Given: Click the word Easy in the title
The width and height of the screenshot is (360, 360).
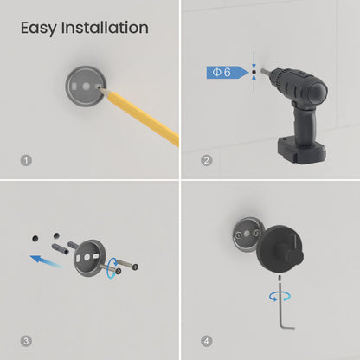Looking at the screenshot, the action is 38,29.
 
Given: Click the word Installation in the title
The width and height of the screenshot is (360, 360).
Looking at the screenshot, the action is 105,28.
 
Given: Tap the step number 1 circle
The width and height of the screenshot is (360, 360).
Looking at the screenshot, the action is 26,160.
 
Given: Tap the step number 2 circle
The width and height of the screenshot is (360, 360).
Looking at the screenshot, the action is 206,160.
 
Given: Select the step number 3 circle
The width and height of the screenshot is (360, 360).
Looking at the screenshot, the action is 26,341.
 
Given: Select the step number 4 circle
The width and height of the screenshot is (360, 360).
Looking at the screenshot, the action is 206,341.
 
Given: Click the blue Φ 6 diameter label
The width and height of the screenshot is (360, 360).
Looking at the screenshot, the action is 228,72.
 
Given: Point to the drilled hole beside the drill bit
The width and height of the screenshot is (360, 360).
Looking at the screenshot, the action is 254,72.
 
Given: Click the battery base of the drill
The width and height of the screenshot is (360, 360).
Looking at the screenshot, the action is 302,151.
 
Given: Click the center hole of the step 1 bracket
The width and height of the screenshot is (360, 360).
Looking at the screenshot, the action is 87,87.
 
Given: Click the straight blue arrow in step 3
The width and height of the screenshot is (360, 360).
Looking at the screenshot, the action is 46,261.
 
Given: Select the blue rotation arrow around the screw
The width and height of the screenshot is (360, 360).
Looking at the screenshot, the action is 112,268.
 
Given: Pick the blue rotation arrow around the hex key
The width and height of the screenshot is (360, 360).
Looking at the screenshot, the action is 280,296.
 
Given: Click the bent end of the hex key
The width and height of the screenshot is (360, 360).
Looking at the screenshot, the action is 287,327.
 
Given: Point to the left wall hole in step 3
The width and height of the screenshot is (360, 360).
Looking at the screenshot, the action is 35,239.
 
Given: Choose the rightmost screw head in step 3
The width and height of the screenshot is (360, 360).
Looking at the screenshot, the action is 135,267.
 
